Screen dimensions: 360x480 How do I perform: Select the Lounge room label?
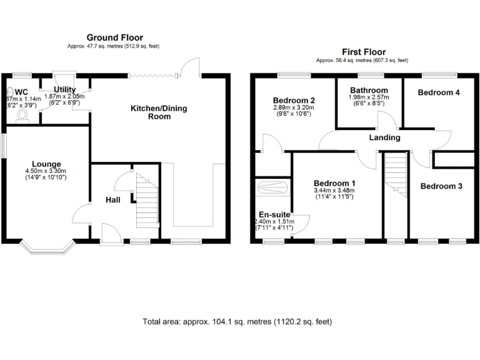tap(47, 164)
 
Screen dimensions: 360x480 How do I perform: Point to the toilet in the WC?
tap(23, 114)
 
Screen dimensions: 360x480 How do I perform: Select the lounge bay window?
tap(47, 248)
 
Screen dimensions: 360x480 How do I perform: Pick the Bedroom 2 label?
tap(294, 100)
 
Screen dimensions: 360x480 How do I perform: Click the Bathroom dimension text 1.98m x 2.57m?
tap(369, 97)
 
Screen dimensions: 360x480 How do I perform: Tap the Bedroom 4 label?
tap(439, 92)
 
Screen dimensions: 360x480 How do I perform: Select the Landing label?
tap(385, 137)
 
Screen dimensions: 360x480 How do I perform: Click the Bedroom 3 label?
tap(441, 186)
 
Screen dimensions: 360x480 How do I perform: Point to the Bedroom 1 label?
tap(335, 183)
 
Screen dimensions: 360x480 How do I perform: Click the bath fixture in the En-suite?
tap(272, 187)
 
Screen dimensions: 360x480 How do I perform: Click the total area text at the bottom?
tap(237, 322)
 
